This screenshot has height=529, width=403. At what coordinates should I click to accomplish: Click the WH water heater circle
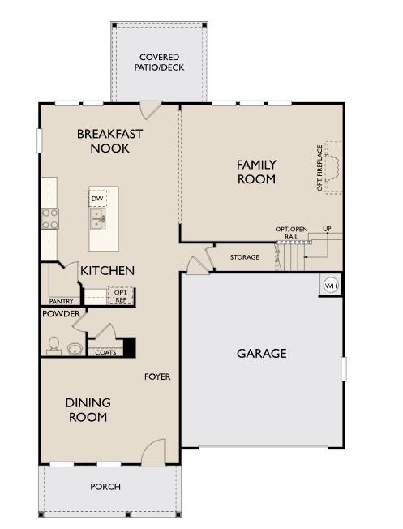coord(331,286)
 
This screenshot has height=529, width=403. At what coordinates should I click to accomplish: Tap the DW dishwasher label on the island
coord(97,198)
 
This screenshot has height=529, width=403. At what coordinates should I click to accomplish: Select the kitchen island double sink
coord(98,218)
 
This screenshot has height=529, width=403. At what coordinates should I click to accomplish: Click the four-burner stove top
coord(49,218)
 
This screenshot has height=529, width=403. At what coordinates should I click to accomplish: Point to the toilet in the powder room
coord(54,346)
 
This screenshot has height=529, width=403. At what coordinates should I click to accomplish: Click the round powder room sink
coord(75,349)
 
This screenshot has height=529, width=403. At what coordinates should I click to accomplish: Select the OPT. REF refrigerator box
coord(121,296)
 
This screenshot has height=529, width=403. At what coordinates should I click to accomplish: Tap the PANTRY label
coord(61,301)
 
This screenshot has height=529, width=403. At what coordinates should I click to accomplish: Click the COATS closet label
coord(105,352)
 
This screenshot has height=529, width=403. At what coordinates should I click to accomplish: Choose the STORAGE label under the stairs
coord(245,257)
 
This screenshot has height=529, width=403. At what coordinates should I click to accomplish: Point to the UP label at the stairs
coord(327,229)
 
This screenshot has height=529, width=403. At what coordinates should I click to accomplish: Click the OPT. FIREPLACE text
coord(319,168)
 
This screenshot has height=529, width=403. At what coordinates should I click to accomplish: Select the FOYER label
coord(157,376)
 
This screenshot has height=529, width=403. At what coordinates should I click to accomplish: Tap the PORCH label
coord(105,487)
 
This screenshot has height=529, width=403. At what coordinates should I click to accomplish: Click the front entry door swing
coord(154,453)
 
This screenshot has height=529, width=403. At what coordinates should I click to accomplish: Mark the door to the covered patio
coord(151,110)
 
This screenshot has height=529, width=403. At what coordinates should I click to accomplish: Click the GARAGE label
coord(262,353)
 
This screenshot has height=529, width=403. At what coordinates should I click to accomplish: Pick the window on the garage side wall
coord(344,369)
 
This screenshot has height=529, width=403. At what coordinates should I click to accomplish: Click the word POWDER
coord(61,313)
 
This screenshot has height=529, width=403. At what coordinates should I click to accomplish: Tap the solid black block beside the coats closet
coord(129,347)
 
